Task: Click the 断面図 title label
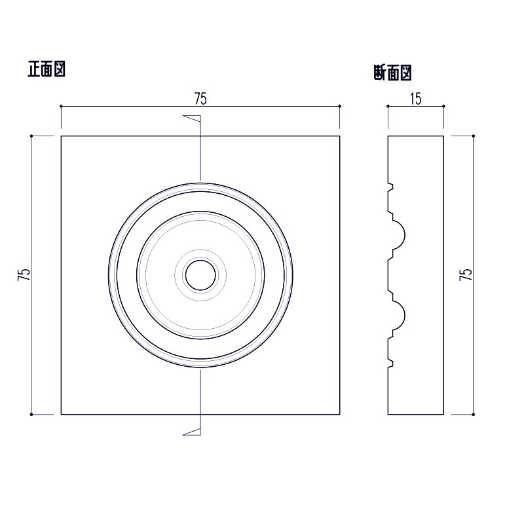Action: click(x=391, y=72)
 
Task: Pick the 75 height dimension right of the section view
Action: click(x=466, y=275)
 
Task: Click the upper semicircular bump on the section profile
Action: click(x=400, y=234)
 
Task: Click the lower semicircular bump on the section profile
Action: click(x=400, y=315)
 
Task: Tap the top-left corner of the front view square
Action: click(x=61, y=136)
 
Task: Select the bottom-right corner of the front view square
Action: click(x=340, y=414)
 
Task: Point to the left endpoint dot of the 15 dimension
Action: click(x=388, y=106)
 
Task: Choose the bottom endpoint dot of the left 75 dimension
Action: click(x=31, y=414)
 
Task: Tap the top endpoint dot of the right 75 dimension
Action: click(x=473, y=136)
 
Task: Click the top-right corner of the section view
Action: click(x=443, y=136)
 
